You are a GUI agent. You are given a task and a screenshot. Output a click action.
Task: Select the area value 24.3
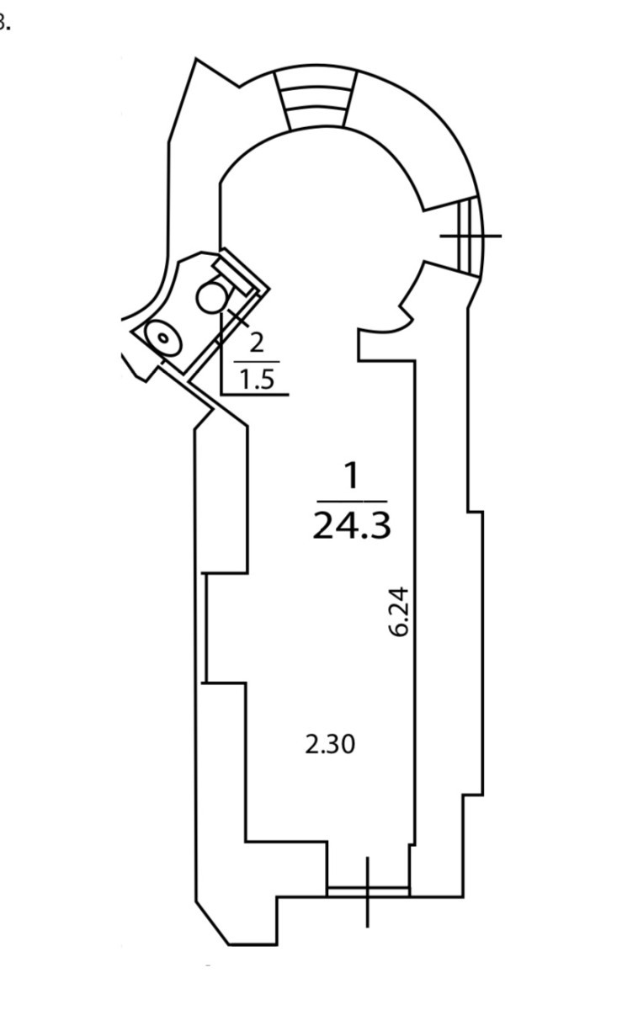(x=352, y=526)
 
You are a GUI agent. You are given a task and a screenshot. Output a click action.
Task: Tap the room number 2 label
(x=256, y=343)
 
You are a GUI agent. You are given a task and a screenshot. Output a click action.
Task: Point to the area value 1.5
(x=258, y=380)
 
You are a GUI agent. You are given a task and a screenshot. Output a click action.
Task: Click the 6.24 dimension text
(x=399, y=611)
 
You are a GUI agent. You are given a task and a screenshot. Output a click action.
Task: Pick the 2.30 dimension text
(x=330, y=744)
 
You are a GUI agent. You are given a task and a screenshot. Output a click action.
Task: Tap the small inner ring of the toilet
(x=163, y=337)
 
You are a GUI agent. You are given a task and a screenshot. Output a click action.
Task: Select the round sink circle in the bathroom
(x=211, y=299)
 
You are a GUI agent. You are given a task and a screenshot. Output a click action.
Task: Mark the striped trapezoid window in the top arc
(x=316, y=98)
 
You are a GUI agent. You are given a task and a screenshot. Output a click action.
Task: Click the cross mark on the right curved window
(x=471, y=236)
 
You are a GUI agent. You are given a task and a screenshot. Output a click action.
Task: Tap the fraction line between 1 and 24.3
(x=352, y=501)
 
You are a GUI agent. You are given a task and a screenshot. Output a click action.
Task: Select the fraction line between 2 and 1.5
(x=257, y=362)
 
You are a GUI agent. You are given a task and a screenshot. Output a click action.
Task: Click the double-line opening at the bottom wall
(x=369, y=890)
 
